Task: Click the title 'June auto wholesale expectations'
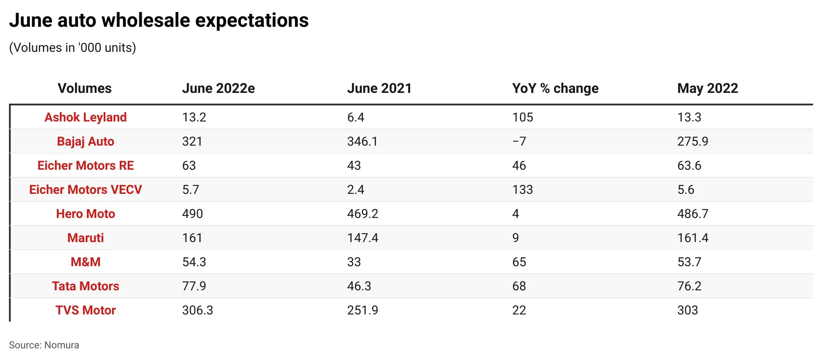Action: tap(159, 21)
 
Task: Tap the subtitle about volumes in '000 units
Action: tap(72, 48)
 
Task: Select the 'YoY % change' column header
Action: tap(555, 88)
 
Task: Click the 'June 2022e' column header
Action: tap(218, 88)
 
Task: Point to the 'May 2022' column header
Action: tap(708, 88)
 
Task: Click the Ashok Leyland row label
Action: tap(85, 117)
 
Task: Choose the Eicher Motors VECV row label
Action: tap(85, 190)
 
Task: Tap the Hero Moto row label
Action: tap(85, 214)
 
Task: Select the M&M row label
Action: tap(85, 262)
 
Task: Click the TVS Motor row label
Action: tap(85, 310)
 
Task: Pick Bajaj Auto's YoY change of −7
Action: tap(519, 142)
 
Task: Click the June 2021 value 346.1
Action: tap(362, 142)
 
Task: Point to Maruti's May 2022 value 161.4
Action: tap(693, 238)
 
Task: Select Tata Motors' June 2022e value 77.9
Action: tap(194, 286)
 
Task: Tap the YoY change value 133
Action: tap(523, 190)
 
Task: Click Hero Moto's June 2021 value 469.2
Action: tap(363, 214)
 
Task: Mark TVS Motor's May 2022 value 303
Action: tap(688, 310)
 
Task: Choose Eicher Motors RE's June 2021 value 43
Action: tap(354, 166)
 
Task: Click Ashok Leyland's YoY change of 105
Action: tap(523, 117)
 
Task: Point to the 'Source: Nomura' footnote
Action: tap(44, 345)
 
